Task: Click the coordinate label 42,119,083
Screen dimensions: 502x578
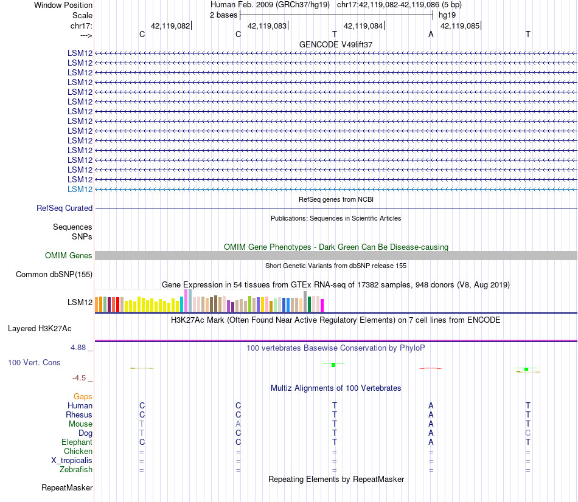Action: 266,26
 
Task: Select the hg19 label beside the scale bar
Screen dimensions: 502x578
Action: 447,15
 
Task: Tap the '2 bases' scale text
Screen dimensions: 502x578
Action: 224,15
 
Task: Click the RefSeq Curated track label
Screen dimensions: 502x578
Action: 64,208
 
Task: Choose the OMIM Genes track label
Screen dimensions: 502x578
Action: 69,256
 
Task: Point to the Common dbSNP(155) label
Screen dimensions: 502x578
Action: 54,275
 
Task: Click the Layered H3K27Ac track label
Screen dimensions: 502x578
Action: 40,329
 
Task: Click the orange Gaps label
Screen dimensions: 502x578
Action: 83,397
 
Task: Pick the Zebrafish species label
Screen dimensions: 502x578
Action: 76,470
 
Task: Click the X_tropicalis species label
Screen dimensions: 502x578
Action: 72,461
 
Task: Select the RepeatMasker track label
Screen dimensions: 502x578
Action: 67,488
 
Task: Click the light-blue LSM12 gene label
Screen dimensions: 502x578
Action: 80,190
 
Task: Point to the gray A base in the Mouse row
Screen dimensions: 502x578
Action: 239,424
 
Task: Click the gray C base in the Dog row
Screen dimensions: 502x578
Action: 528,433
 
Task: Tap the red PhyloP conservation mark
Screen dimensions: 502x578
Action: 431,368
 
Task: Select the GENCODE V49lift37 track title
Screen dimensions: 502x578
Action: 336,45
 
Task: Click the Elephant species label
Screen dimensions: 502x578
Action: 77,442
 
